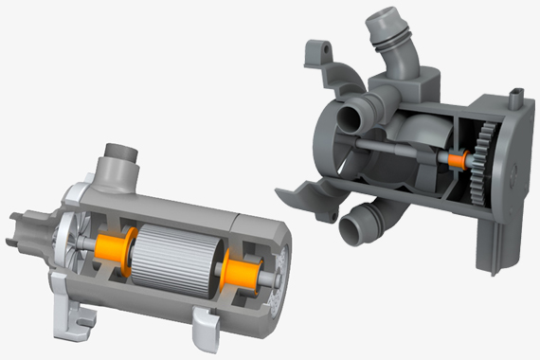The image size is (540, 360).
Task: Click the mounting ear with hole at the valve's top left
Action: point(318,53)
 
